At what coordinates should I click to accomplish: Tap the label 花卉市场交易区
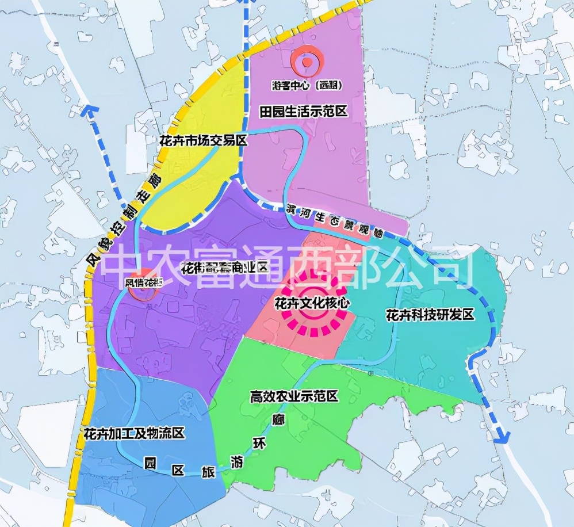pyautogui.click(x=202, y=140)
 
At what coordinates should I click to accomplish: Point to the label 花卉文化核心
pyautogui.click(x=312, y=301)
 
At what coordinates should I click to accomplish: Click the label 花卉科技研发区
pyautogui.click(x=429, y=315)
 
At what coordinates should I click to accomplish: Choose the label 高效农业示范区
pyautogui.click(x=293, y=396)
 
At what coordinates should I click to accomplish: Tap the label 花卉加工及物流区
pyautogui.click(x=133, y=433)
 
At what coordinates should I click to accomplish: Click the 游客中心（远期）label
pyautogui.click(x=307, y=85)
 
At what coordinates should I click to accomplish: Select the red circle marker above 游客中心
pyautogui.click(x=307, y=62)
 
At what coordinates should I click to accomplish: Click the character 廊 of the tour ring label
pyautogui.click(x=280, y=419)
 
